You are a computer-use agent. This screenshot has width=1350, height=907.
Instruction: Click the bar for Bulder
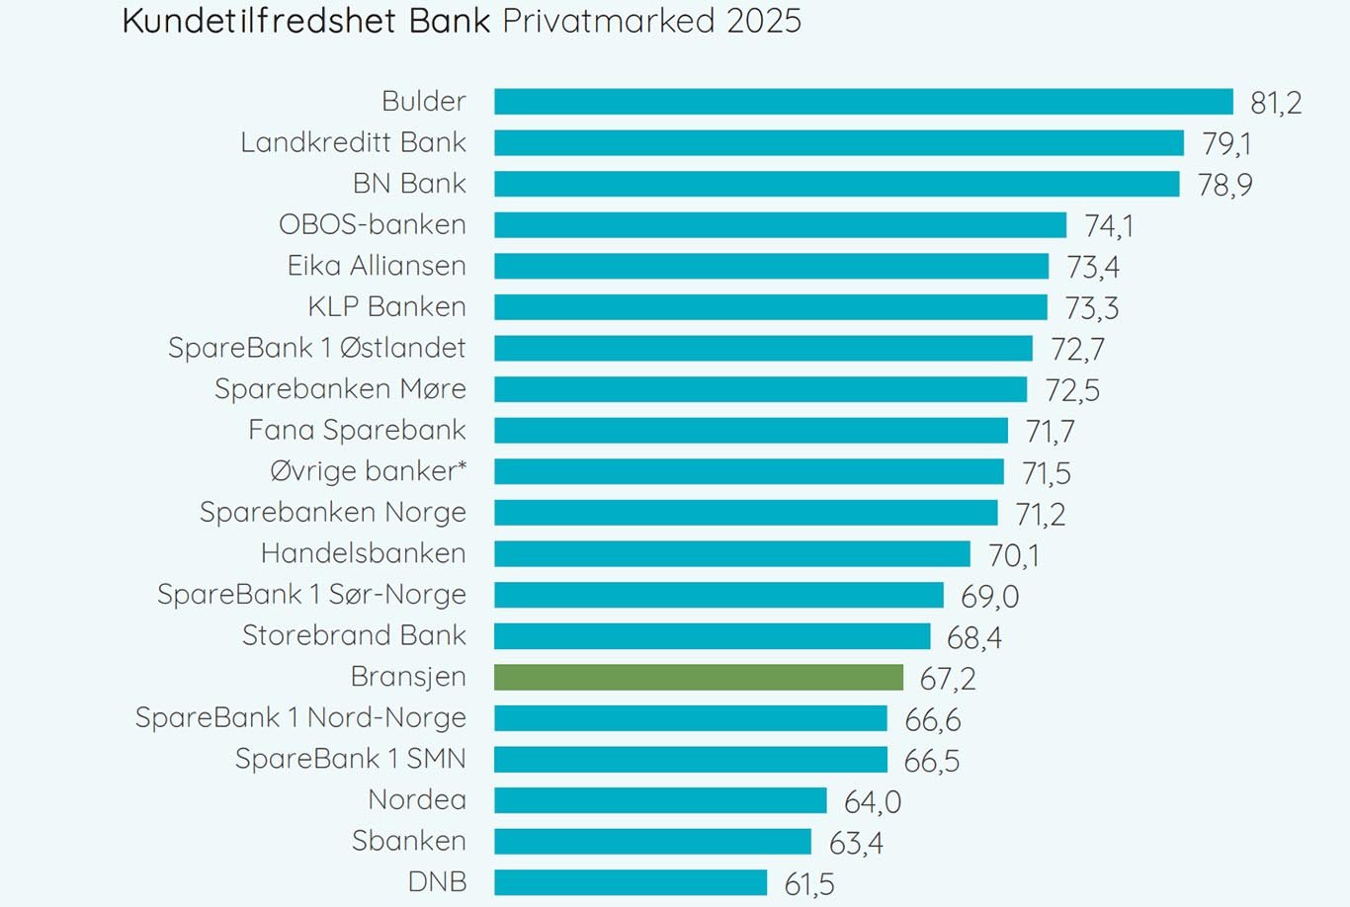coord(863,102)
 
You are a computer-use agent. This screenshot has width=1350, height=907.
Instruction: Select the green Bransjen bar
coord(698,677)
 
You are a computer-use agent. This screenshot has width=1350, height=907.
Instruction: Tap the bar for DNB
coord(630,882)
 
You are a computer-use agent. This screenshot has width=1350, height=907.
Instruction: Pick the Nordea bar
coord(659,800)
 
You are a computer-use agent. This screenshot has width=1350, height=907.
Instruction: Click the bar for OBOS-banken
coord(780,225)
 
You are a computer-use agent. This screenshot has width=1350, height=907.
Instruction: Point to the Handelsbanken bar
coord(731,553)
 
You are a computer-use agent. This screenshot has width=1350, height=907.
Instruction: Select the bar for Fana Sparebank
coord(750,431)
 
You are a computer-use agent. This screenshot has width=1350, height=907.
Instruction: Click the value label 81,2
coord(1276,103)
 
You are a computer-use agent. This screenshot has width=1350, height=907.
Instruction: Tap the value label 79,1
coord(1226,144)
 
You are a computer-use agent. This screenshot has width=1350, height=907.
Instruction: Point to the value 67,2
coord(947,679)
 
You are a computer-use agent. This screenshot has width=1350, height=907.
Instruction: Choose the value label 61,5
coord(809,884)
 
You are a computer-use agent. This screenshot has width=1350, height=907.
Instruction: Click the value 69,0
coord(989,597)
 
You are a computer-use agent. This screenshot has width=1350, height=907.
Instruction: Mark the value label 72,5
coord(1072,391)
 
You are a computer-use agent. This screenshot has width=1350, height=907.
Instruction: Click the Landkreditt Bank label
coord(353,142)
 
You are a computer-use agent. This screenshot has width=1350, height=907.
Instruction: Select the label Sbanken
coord(408,841)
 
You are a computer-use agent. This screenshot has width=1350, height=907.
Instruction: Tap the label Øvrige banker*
coord(368,471)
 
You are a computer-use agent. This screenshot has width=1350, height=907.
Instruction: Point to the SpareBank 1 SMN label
coord(350,759)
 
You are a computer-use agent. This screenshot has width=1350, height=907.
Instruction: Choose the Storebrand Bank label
coord(354,635)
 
